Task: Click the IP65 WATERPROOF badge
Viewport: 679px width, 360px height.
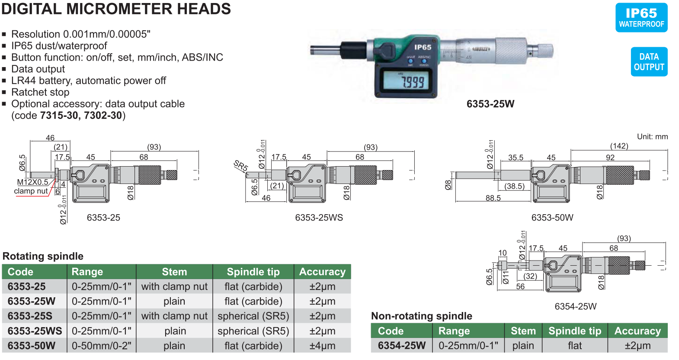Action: pyautogui.click(x=641, y=18)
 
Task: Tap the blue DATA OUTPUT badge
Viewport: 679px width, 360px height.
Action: pyautogui.click(x=649, y=61)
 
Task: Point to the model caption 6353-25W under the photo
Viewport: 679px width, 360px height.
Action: pyautogui.click(x=490, y=104)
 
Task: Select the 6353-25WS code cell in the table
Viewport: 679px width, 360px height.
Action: pyautogui.click(x=35, y=331)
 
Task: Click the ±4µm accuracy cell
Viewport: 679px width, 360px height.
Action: pyautogui.click(x=322, y=346)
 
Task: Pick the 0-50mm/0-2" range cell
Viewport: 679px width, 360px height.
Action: pyautogui.click(x=102, y=346)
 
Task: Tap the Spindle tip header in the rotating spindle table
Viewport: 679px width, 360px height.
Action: pyautogui.click(x=253, y=272)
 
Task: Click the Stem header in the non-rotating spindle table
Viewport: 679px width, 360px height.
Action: pyautogui.click(x=523, y=331)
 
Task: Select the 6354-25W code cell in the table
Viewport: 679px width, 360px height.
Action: pyautogui.click(x=402, y=345)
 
